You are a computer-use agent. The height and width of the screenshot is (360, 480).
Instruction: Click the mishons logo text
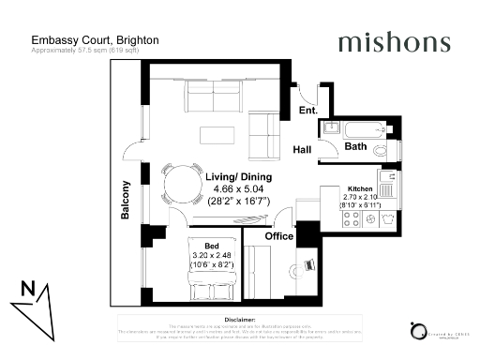coord(394,43)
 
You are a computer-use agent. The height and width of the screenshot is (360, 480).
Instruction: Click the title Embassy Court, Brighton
coord(95,40)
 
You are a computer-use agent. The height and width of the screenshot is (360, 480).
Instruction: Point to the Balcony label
coord(125,200)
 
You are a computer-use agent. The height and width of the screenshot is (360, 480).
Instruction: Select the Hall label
coord(302,150)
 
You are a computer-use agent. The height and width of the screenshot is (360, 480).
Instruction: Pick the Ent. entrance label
coord(307,111)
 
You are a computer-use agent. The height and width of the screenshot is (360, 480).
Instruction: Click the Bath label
coord(355,147)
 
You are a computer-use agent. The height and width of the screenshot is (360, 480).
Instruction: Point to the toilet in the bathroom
coord(380,149)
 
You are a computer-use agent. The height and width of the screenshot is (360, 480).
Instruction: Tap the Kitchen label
coord(361,187)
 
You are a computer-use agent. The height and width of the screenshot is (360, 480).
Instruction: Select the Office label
coord(277,236)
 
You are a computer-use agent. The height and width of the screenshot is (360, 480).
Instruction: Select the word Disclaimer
coord(240,318)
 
